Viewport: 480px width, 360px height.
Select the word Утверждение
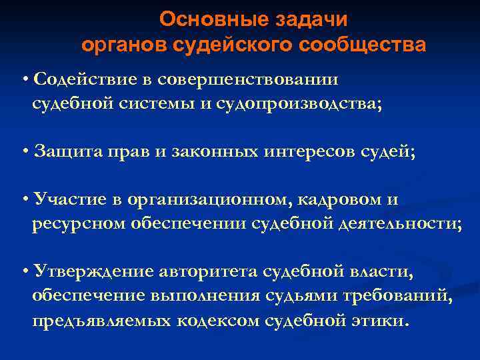[x=91, y=271]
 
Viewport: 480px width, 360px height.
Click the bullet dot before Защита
[x=24, y=151]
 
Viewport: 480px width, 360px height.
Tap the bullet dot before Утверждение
[x=24, y=271]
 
